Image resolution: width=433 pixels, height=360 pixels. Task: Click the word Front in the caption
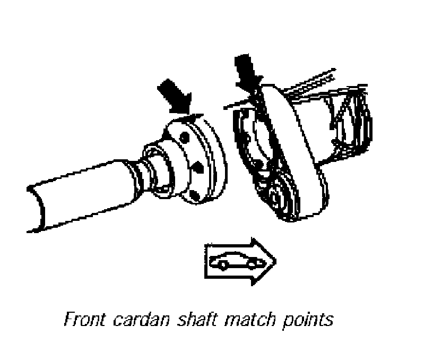[80, 320]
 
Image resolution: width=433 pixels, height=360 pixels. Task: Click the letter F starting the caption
[67, 320]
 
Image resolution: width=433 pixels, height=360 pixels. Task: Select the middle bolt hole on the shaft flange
[200, 167]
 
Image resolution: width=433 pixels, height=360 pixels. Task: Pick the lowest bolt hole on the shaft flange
[193, 197]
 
